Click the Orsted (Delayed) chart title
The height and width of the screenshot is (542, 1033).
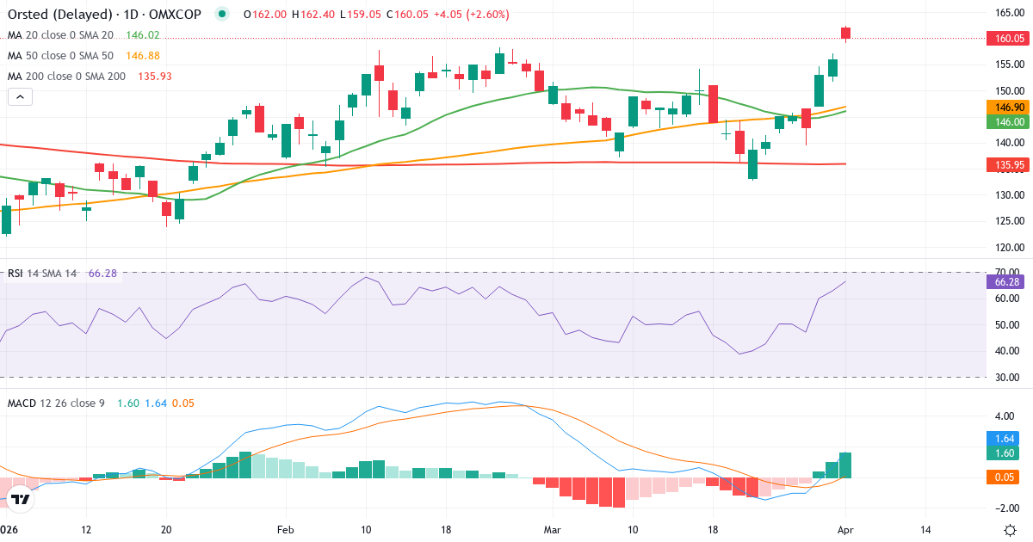point(60,15)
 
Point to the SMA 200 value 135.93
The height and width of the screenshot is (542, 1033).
point(154,77)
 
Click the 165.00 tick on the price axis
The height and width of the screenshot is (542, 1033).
point(1009,13)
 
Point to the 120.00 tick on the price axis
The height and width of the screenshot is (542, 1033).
point(1009,248)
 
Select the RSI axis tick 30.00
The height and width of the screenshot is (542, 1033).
point(1007,377)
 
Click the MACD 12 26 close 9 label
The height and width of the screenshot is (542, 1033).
point(56,403)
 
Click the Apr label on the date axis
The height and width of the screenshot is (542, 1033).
point(844,529)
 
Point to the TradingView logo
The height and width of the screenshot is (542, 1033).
point(22,498)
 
